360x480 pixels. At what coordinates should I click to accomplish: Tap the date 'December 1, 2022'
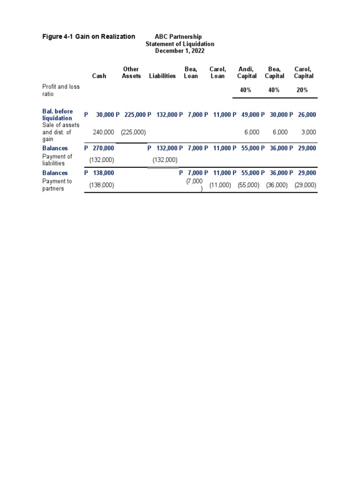180,51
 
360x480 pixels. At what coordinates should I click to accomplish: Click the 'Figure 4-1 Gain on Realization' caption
89,37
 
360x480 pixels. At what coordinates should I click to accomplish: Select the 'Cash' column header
99,76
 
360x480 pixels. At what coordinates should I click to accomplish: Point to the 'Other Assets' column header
131,73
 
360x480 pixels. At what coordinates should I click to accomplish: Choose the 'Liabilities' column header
162,76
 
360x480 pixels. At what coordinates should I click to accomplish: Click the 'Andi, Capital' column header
247,73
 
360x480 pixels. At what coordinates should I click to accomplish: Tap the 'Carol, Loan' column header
217,73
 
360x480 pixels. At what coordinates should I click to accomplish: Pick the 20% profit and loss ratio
302,90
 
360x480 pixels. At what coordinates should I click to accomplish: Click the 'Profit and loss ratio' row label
61,90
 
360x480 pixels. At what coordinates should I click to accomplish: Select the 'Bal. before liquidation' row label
58,115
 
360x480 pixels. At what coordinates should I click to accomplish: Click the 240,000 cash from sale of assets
104,133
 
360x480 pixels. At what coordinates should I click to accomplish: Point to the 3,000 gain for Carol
308,133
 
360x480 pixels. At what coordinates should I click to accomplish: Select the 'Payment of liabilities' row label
57,160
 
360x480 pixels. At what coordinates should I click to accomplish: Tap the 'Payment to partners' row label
57,185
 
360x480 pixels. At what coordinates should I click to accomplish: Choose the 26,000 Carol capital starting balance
307,114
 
